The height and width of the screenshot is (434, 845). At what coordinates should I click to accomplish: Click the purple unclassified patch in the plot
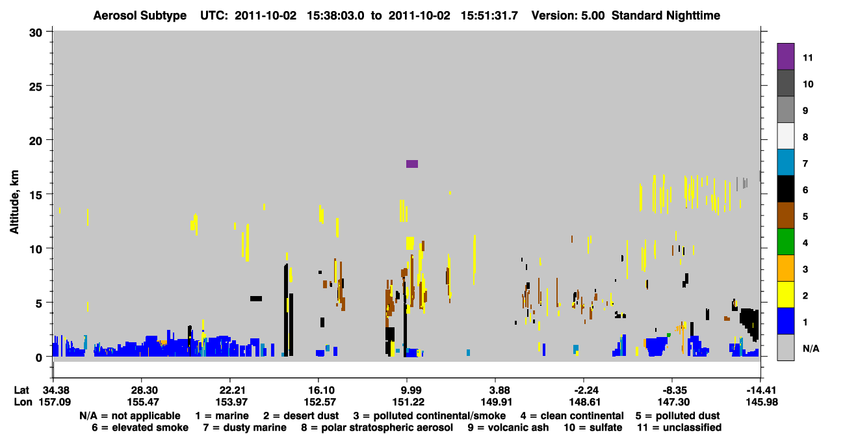(412, 164)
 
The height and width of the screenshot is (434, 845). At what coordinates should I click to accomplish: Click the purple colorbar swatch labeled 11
(786, 57)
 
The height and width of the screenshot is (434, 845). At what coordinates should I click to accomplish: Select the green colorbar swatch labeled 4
(786, 242)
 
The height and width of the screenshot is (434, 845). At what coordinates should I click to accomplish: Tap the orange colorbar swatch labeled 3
(786, 268)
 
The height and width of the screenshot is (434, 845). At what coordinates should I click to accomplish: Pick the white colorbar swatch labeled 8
(786, 136)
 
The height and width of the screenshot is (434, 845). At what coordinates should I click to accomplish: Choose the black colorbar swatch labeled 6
(786, 189)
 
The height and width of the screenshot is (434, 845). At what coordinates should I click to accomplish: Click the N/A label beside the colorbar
(811, 349)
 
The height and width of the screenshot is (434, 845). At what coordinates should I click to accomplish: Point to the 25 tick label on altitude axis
(36, 87)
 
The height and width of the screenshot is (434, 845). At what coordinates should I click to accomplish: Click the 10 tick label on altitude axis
(36, 249)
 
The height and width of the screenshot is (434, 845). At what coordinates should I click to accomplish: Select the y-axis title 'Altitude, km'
(14, 202)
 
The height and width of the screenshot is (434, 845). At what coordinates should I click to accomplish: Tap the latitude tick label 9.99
(408, 390)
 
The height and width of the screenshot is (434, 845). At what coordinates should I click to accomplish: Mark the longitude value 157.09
(55, 402)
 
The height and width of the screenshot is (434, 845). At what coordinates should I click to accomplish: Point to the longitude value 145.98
(762, 402)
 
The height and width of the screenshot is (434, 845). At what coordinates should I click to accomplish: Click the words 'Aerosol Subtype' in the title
(140, 16)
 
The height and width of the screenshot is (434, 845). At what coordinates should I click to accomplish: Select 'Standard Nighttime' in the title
(666, 16)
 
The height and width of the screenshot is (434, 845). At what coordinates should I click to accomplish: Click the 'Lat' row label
(21, 390)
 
